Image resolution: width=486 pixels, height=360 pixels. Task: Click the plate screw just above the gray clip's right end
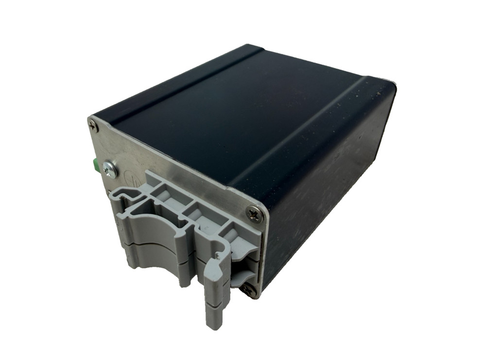point(255,213)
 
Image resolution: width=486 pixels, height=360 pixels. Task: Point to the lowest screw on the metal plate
point(249,291)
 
